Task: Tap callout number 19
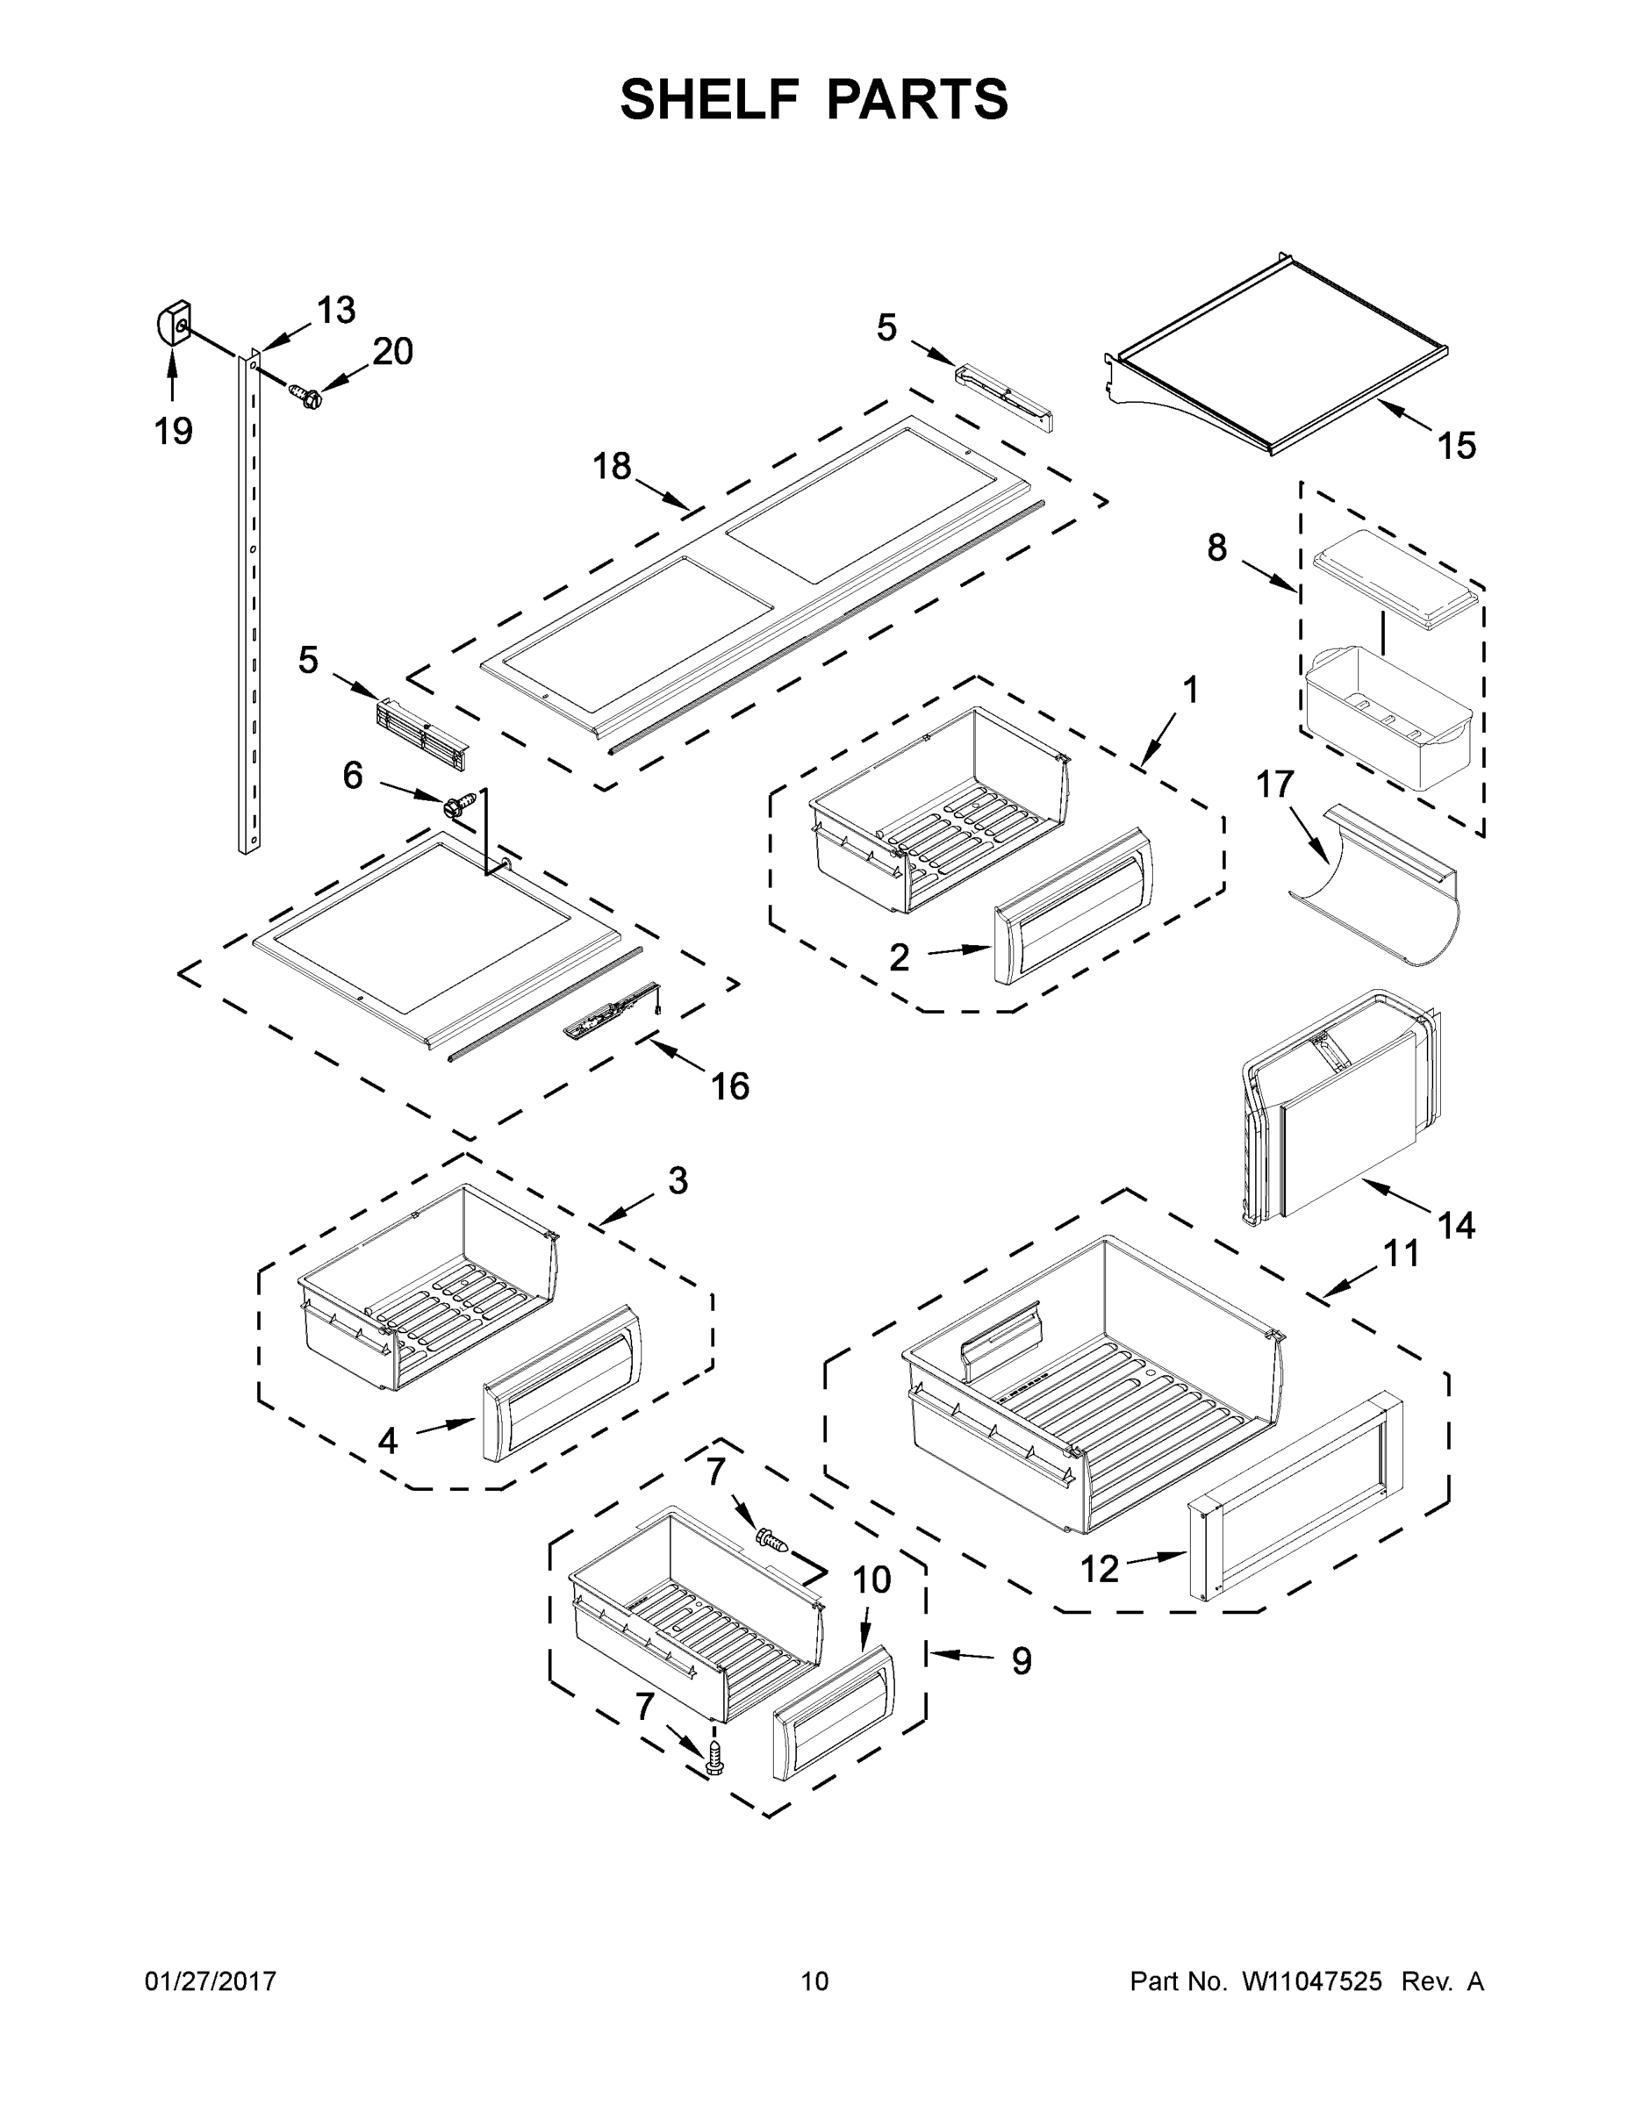[174, 430]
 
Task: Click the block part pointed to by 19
[174, 323]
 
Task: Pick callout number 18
[612, 467]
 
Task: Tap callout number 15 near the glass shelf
[1456, 446]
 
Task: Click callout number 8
[1217, 548]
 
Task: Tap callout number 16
[730, 1086]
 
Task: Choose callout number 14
[1456, 1226]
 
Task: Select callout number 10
[871, 1580]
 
